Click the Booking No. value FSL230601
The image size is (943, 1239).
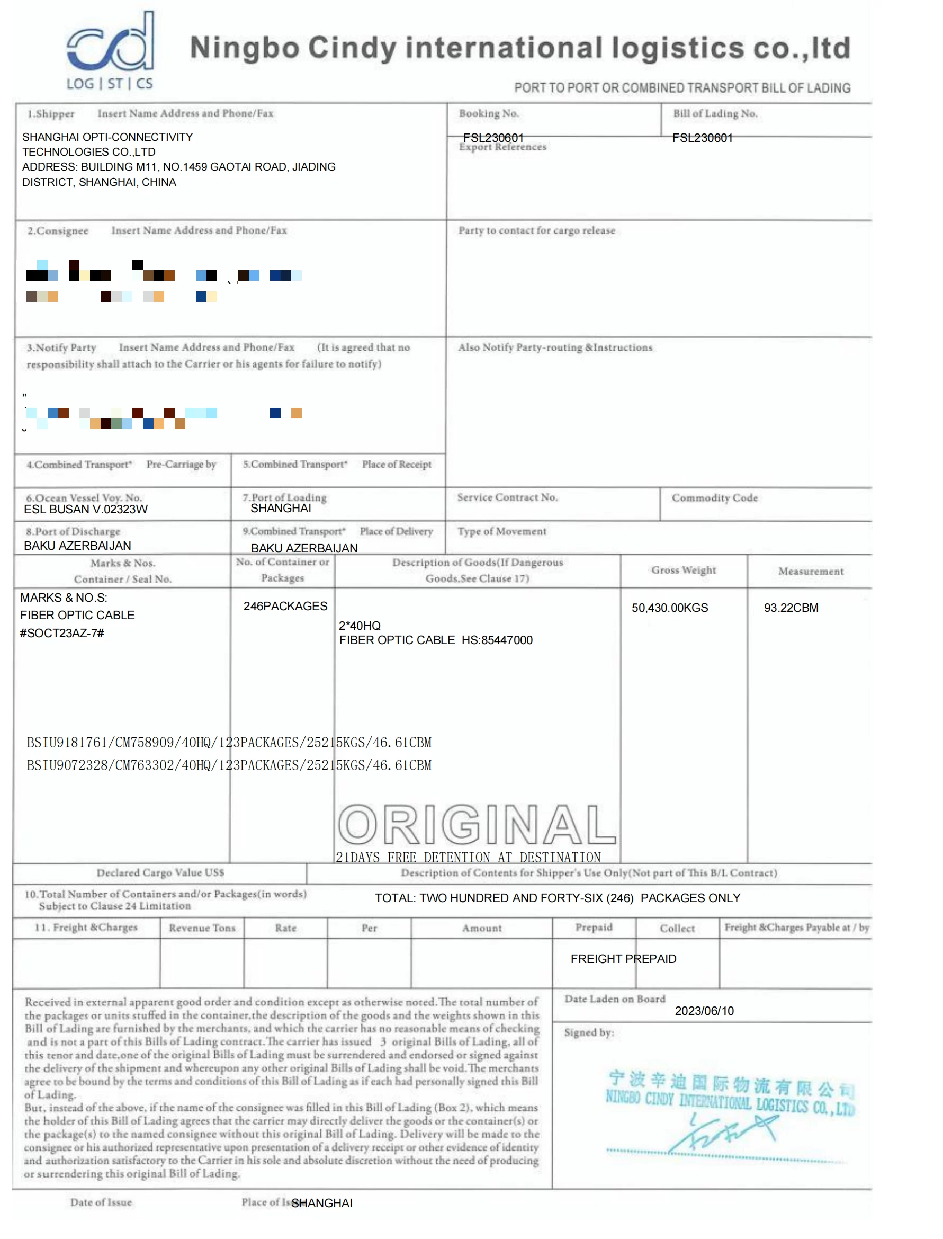493,138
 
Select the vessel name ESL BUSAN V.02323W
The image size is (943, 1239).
85,509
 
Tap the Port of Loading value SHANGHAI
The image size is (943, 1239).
281,508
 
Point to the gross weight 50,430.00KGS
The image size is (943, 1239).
670,608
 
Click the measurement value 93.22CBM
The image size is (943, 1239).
791,608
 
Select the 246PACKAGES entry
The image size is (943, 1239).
285,606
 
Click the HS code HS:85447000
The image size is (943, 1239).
497,640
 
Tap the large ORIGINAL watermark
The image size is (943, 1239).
477,824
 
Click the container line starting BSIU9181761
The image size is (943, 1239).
229,742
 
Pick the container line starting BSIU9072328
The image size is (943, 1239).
229,765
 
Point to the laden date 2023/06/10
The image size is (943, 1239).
704,1011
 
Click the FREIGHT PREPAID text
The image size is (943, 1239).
623,959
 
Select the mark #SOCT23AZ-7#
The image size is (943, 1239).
62,632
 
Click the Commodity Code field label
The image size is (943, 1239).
715,498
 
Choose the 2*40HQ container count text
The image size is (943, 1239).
360,626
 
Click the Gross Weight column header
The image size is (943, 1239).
684,571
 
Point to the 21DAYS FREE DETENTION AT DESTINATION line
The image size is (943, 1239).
468,857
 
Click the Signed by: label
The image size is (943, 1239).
589,1032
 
